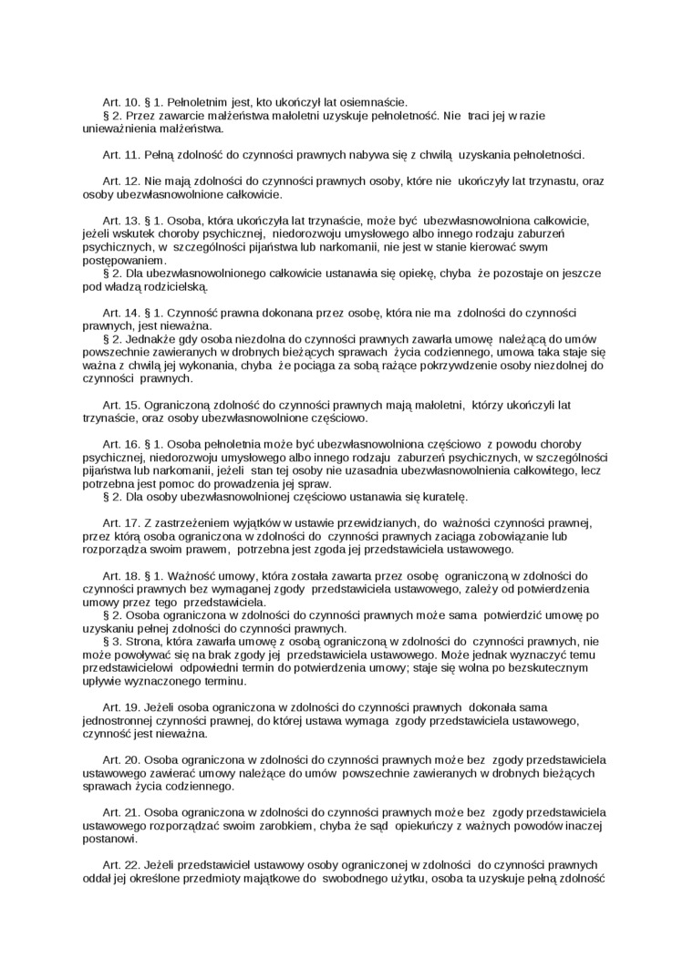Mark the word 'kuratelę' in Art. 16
tap(442, 497)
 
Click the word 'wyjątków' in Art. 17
tap(258, 523)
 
